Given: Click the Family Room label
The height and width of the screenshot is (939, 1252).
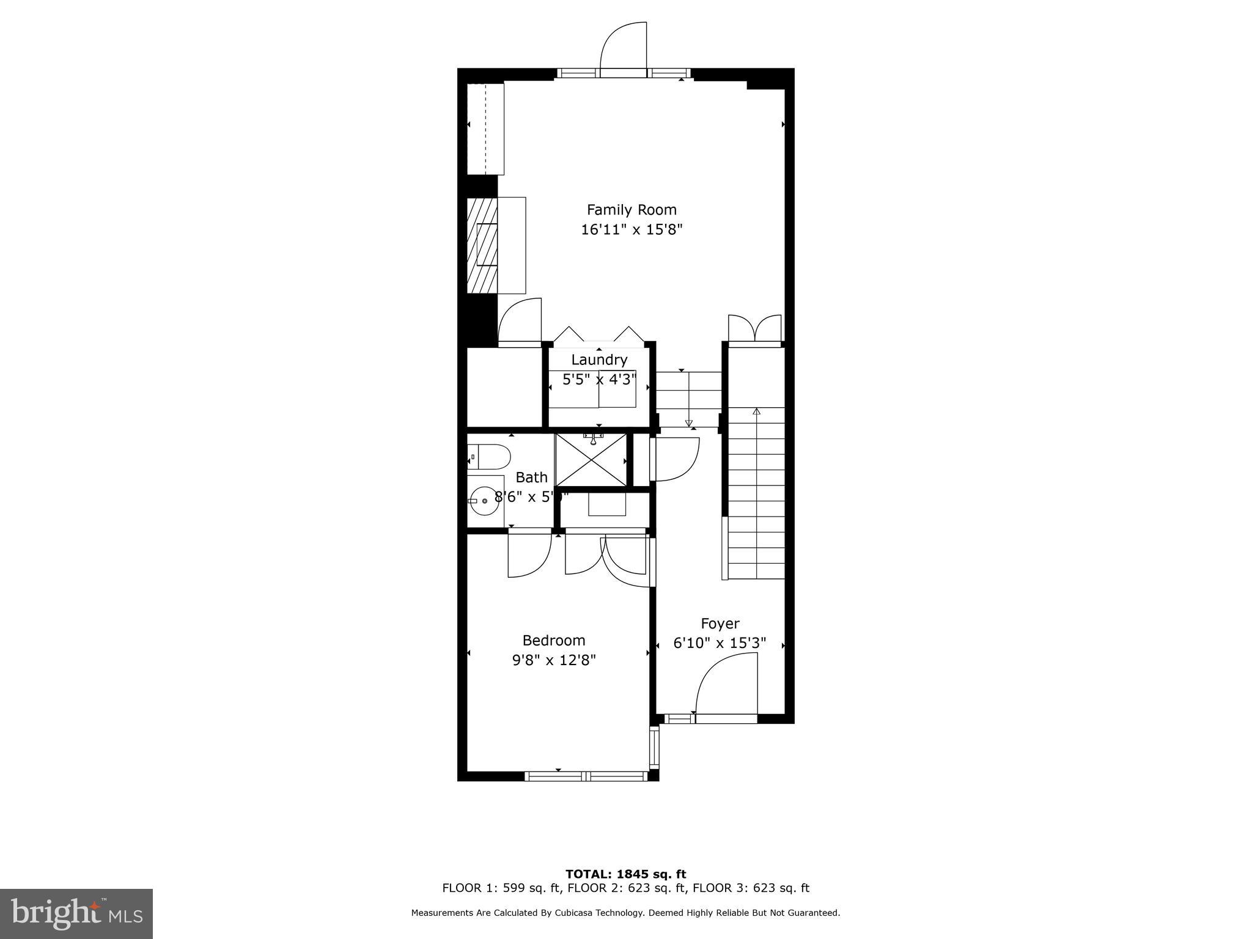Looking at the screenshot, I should [x=632, y=210].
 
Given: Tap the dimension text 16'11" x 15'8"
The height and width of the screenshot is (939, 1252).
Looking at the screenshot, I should [x=632, y=230].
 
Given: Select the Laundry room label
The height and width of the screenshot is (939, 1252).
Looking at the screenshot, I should [x=599, y=359].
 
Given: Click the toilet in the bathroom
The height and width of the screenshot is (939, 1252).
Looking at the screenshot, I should [x=489, y=456].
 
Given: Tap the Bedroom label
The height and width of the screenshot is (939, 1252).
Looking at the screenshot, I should [x=554, y=640].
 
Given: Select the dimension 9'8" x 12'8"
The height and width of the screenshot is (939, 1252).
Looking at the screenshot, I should [x=554, y=660].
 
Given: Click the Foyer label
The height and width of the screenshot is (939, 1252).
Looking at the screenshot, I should [x=720, y=624].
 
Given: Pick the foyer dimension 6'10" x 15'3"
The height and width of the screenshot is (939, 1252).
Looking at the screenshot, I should [x=720, y=644].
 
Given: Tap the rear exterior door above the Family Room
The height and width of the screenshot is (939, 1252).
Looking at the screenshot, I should [x=624, y=52].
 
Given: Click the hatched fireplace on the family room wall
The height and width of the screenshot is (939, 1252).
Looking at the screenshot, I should [x=482, y=245].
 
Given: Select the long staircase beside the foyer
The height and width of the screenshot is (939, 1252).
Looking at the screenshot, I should [x=757, y=493].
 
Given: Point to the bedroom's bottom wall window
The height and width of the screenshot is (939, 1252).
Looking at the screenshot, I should [x=586, y=776].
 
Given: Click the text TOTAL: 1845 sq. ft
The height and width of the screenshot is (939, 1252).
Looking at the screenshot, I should [x=625, y=874].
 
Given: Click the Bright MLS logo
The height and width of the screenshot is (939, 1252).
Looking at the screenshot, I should [x=76, y=913].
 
